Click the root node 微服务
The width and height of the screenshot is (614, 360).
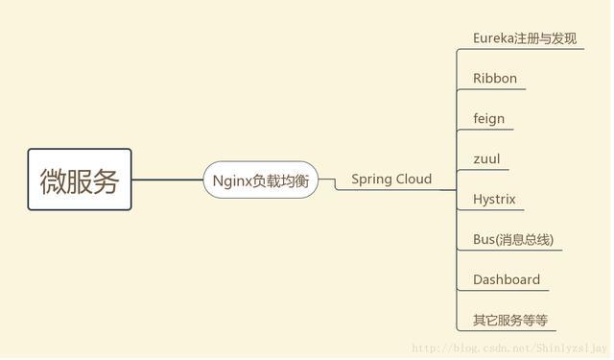[80, 180]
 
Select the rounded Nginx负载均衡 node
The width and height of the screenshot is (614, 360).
[260, 180]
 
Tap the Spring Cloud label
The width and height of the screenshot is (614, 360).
[391, 179]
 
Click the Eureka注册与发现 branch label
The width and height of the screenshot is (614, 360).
[524, 38]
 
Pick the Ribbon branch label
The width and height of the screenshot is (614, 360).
[495, 79]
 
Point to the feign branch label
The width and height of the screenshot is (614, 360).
[488, 119]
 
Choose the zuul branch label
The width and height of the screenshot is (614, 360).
[486, 159]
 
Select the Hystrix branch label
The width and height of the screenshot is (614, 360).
[494, 200]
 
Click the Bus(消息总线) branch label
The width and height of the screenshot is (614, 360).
[513, 240]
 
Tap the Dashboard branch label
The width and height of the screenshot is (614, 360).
[507, 280]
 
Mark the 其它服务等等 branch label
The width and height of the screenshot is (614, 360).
[510, 321]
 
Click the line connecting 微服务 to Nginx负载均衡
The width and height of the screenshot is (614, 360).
[167, 180]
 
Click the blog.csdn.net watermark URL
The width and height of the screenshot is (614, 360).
[509, 348]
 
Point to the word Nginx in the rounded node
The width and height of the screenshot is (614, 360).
[232, 180]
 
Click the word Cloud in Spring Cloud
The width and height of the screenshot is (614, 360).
[413, 179]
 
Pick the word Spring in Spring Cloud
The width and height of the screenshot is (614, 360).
[370, 179]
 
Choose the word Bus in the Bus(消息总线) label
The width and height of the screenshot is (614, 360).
[484, 240]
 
